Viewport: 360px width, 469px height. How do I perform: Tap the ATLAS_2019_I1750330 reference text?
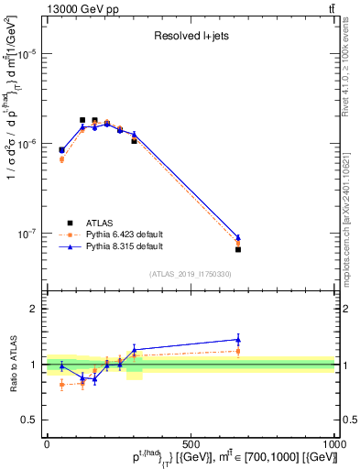pyautogui.click(x=190, y=274)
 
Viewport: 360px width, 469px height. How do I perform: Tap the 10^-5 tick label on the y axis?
pyautogui.click(x=27, y=54)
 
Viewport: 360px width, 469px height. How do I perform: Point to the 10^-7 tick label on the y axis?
pyautogui.click(x=27, y=234)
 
